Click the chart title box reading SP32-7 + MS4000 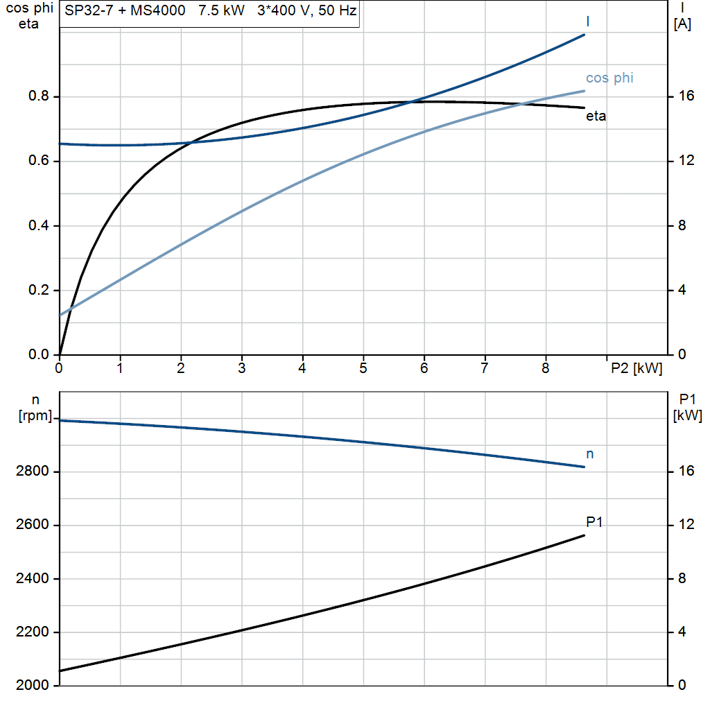pos(209,13)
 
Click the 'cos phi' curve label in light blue pos(609,78)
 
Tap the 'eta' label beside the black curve pos(596,116)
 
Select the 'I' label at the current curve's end pos(588,21)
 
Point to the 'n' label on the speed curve pos(590,454)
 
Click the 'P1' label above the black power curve pos(594,521)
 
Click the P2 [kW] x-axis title pos(636,369)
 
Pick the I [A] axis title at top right pos(682,16)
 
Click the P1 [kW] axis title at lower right pos(687,408)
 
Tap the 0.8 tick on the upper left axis pos(39,96)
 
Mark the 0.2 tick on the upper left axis pos(39,291)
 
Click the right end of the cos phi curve pos(585,91)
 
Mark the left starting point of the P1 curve pos(60,670)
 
